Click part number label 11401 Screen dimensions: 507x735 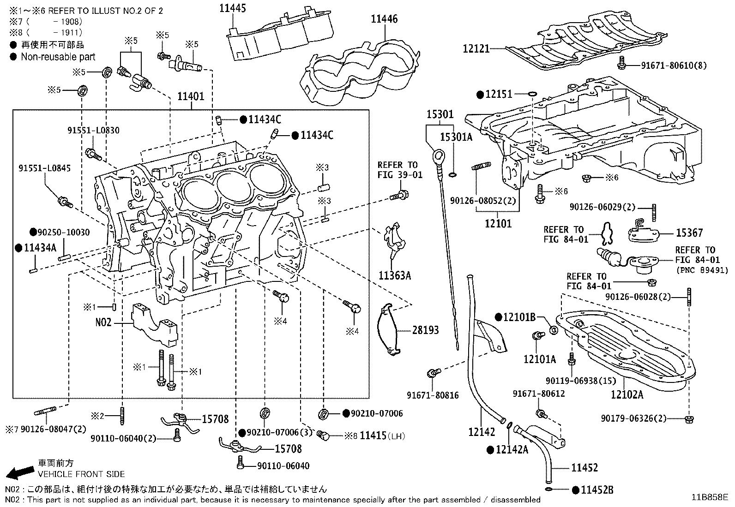(191, 97)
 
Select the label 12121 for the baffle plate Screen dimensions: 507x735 (476, 48)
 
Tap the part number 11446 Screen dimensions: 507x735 (384, 19)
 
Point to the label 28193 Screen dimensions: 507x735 (425, 330)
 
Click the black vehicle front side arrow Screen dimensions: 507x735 (19, 471)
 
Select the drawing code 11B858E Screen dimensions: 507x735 (709, 497)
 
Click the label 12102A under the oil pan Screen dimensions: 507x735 (627, 395)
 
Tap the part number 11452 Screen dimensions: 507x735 (584, 468)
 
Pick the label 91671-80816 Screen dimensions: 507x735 (433, 395)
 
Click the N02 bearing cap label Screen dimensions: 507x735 (104, 323)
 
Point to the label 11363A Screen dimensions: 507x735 (395, 276)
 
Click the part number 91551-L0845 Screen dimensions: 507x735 (45, 168)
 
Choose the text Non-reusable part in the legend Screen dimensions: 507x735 (58, 57)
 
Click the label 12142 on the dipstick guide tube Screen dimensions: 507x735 (481, 432)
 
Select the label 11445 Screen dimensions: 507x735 (232, 8)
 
